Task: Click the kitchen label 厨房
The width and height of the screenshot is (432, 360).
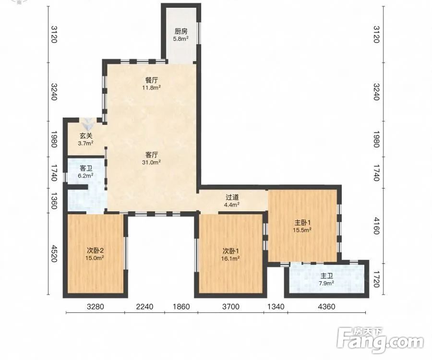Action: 181,31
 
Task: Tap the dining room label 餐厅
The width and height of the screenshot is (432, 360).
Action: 152,81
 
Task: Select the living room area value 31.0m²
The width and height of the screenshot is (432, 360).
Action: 152,163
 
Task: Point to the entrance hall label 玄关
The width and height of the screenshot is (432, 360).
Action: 86,136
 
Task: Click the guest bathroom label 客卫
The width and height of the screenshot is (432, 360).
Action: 86,168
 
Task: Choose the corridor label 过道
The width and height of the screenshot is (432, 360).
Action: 232,197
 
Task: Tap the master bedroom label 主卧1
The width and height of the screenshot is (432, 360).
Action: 302,223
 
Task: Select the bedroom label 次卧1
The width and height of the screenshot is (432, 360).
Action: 230,251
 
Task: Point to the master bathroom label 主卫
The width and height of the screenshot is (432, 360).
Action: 327,276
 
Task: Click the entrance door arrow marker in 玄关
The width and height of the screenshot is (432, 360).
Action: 88,124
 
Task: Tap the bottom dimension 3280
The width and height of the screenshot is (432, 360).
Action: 96,307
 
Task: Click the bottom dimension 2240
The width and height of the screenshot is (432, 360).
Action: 144,307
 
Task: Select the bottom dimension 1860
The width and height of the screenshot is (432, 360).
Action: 181,307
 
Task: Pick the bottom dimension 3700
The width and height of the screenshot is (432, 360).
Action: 230,307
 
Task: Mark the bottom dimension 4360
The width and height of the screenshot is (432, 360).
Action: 326,307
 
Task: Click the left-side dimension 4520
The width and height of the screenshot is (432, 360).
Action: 54,254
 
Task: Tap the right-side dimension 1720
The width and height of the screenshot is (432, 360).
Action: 376,279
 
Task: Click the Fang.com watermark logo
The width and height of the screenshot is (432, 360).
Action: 381,340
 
